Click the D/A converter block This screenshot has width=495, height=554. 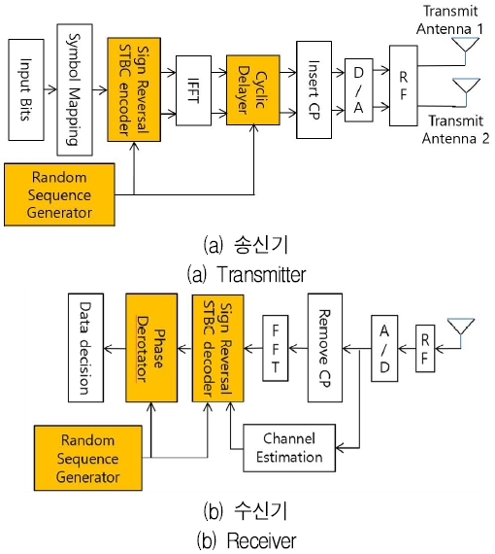[x=359, y=90]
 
